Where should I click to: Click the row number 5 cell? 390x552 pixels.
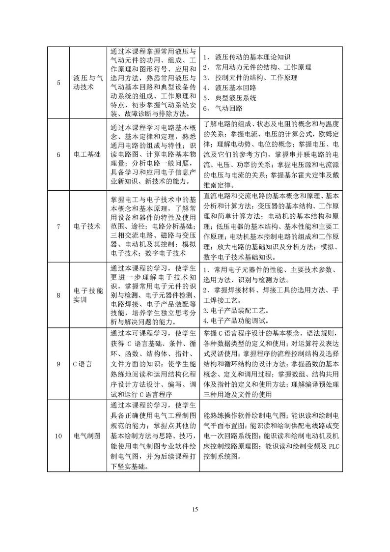(x=58, y=83)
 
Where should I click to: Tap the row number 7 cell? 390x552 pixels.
(x=58, y=227)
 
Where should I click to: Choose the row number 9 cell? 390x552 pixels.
(x=58, y=364)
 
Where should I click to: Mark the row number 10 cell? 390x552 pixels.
(x=58, y=436)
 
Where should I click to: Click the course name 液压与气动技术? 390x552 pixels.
(x=88, y=83)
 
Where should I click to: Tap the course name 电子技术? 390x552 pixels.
(x=88, y=227)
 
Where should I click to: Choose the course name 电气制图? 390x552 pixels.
(x=88, y=436)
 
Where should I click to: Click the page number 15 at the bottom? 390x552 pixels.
(x=195, y=509)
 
